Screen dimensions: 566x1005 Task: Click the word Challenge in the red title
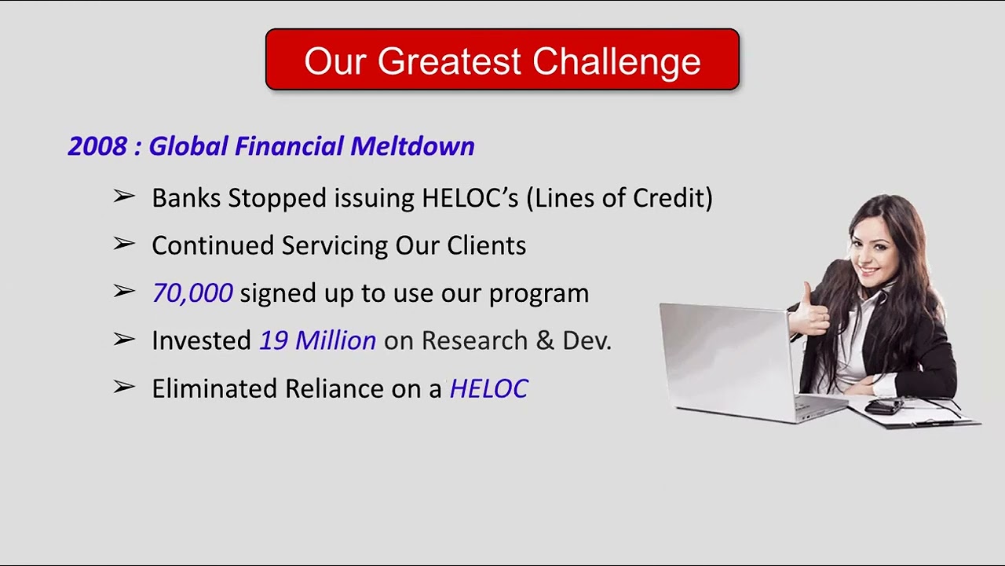(616, 61)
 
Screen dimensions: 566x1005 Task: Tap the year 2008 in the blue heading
(97, 146)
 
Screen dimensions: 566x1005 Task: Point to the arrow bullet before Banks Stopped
(124, 197)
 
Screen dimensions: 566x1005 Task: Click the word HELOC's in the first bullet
(470, 198)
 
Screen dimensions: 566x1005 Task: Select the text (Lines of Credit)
(619, 198)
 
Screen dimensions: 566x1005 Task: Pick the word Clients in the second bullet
(487, 245)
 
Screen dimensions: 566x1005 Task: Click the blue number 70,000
(192, 293)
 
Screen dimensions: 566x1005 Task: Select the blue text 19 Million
(317, 340)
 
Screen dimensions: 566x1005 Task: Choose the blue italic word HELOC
(488, 388)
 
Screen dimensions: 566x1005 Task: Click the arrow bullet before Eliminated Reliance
(124, 387)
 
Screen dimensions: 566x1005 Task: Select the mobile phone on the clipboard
(885, 406)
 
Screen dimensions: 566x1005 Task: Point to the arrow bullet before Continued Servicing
(124, 244)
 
